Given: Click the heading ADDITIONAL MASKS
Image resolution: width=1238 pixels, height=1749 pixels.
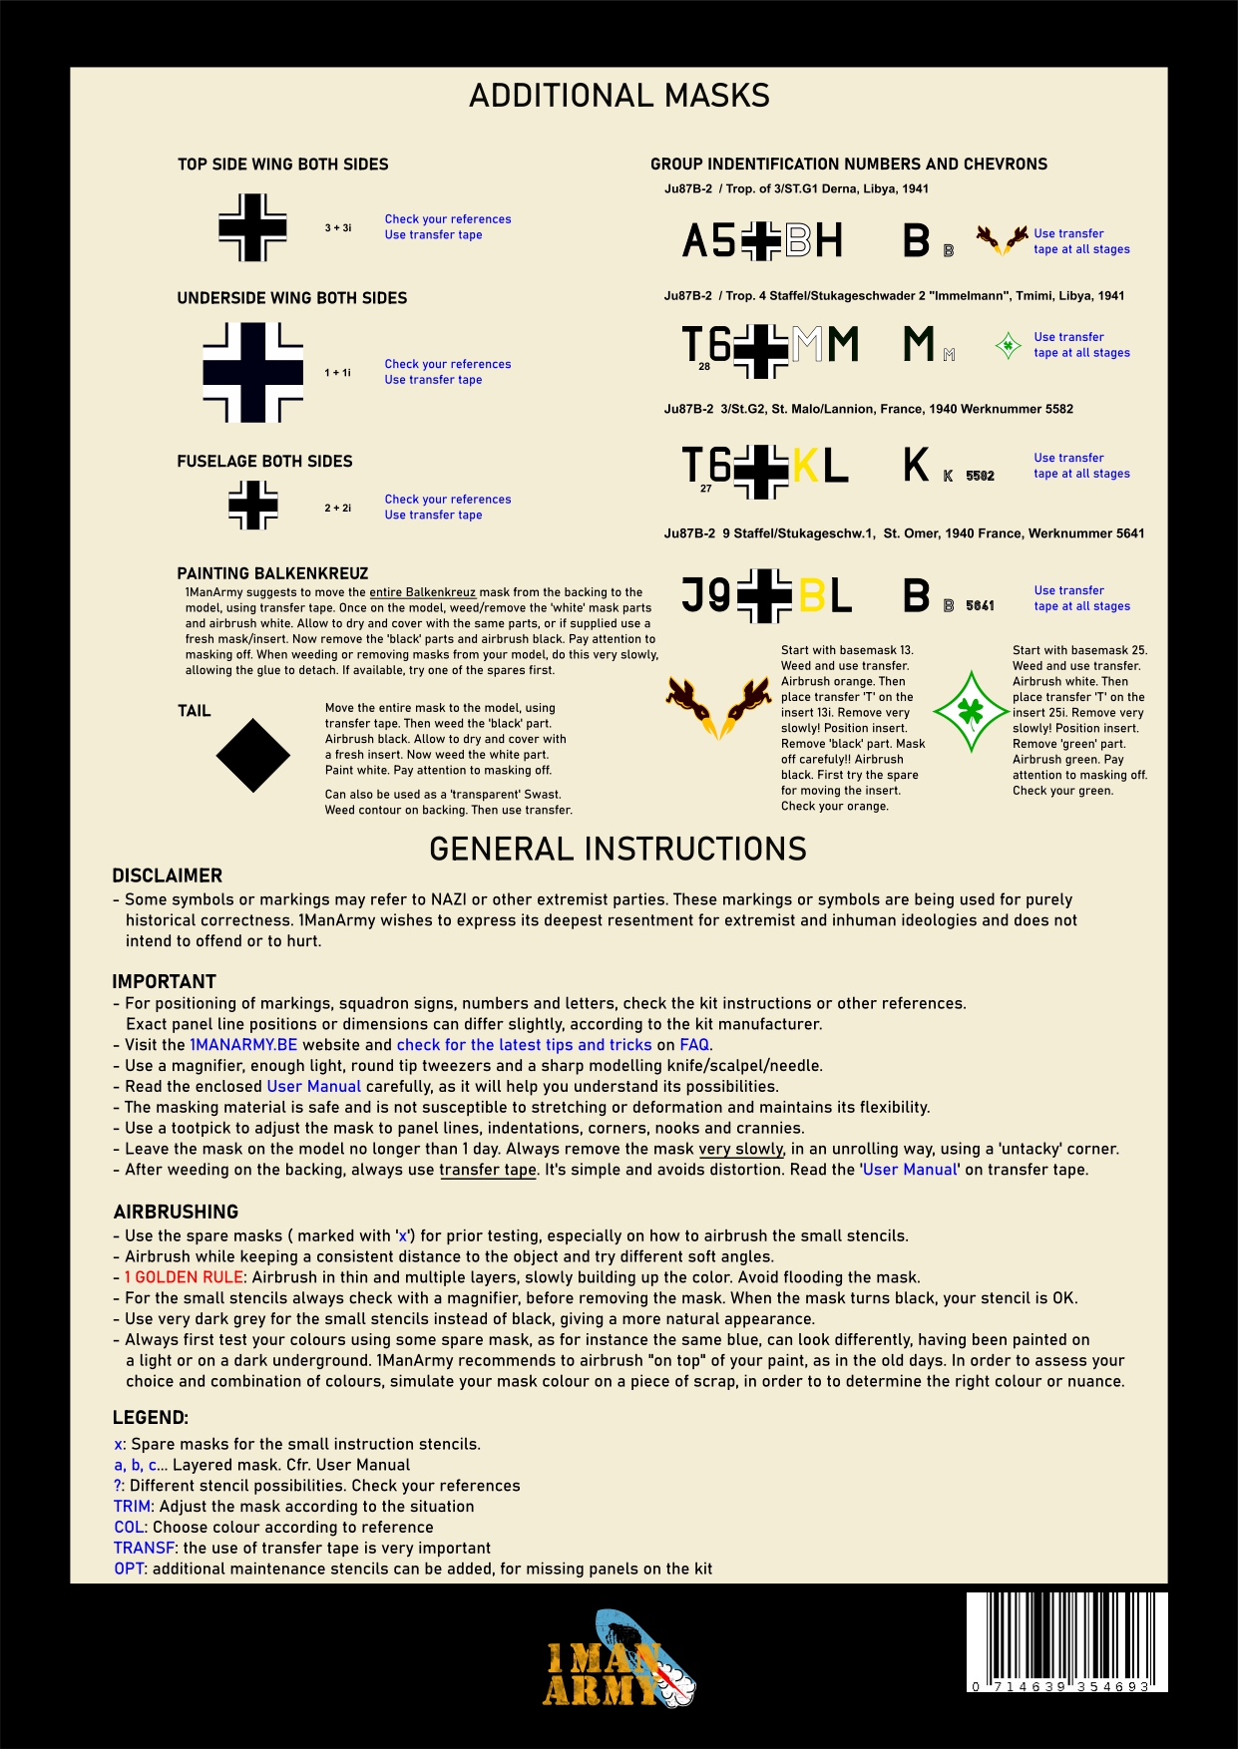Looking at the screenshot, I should [619, 96].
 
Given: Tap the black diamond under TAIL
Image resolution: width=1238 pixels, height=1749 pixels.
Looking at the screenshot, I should [252, 756].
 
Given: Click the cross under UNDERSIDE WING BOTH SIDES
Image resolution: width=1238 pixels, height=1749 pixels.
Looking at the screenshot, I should [252, 372].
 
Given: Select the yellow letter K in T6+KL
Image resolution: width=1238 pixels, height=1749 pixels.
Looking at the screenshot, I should [805, 466].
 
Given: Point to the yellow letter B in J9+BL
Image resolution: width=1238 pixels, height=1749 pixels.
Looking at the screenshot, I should [811, 596].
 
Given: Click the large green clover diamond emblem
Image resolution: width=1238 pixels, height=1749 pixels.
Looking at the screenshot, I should [971, 712].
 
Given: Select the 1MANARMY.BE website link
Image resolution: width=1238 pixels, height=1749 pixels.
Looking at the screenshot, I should [243, 1045].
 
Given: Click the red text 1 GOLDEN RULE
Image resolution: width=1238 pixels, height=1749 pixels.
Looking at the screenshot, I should [184, 1277].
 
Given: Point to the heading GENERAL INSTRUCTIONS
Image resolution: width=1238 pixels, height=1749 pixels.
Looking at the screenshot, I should [618, 849].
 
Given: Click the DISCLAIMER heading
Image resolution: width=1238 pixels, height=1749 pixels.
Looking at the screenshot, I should [167, 875].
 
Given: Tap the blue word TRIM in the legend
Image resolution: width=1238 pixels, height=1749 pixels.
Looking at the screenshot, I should [132, 1507].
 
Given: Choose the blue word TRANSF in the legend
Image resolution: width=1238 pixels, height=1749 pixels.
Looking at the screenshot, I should [144, 1548].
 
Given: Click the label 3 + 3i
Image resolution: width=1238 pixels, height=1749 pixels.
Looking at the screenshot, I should [337, 228].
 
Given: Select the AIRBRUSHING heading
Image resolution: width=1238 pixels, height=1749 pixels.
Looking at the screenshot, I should [176, 1212].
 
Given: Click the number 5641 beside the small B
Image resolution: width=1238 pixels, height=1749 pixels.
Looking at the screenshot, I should [980, 605].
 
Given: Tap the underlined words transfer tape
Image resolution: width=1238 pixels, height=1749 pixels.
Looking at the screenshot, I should [488, 1170].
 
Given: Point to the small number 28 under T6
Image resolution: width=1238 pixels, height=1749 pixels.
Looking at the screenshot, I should [704, 367].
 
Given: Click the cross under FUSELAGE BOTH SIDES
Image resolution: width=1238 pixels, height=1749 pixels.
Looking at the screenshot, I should [253, 506].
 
